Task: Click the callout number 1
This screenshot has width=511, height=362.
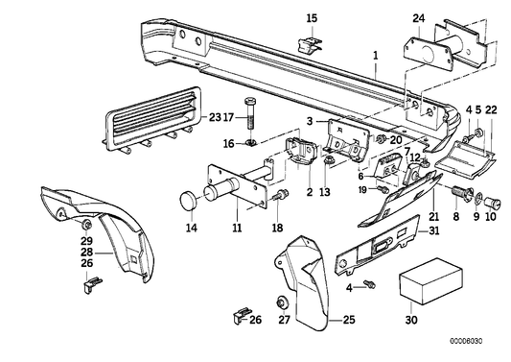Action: (x=376, y=56)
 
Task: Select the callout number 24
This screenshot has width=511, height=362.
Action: (x=418, y=17)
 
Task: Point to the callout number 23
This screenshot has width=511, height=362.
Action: (x=213, y=117)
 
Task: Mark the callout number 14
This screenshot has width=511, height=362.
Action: (x=191, y=228)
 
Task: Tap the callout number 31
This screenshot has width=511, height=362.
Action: (x=433, y=229)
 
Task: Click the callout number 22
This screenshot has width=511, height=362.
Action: (x=491, y=109)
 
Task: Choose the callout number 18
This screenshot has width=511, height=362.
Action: (x=277, y=228)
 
